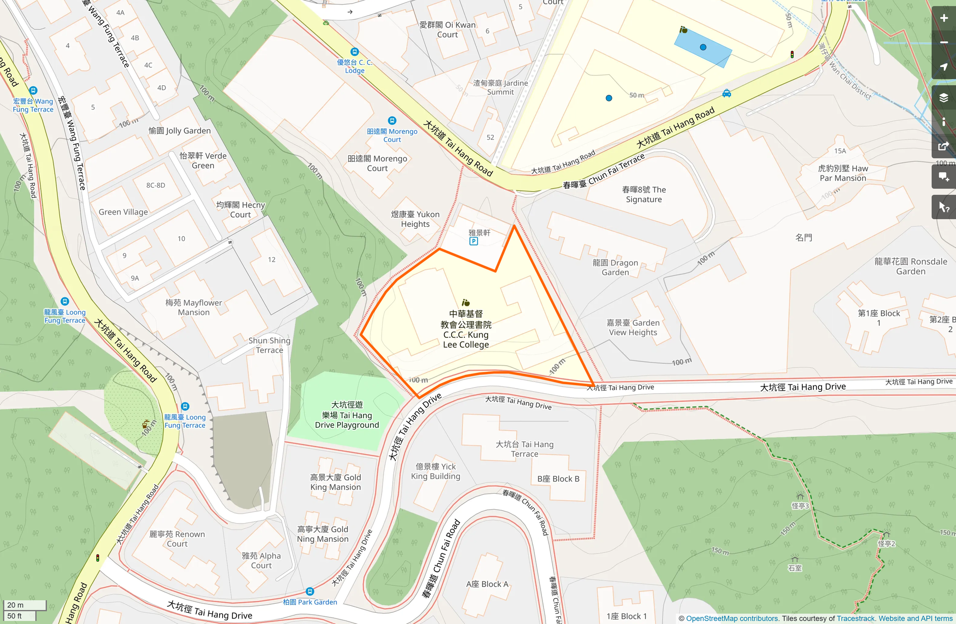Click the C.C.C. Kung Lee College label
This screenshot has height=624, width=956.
(466, 329)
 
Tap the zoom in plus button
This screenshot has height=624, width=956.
(943, 18)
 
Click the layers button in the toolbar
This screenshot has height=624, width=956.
(943, 97)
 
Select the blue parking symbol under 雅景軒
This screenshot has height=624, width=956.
(473, 241)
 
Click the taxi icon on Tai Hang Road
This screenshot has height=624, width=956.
(727, 93)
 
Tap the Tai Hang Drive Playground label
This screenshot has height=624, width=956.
(347, 415)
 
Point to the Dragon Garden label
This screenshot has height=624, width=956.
(615, 267)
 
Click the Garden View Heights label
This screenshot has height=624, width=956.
(633, 327)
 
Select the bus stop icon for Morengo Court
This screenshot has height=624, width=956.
(392, 121)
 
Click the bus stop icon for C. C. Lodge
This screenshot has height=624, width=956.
(355, 52)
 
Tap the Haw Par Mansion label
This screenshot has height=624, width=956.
(843, 173)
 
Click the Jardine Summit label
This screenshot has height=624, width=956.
(500, 87)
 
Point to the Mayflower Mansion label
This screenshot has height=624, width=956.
(193, 307)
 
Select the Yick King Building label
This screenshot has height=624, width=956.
(435, 471)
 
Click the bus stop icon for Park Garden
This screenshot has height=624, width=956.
(310, 592)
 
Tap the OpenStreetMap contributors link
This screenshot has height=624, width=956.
(732, 618)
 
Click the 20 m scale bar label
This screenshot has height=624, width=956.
(16, 605)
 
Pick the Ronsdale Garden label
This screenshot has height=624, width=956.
(910, 266)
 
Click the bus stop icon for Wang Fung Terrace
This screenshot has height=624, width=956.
(33, 91)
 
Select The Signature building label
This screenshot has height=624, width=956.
(643, 194)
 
